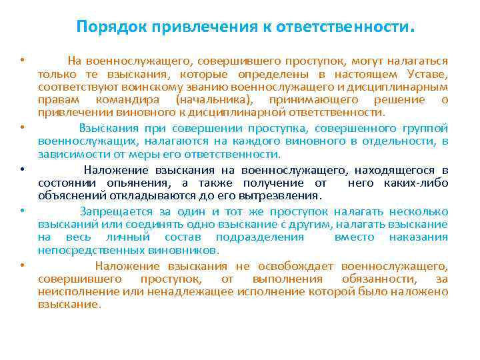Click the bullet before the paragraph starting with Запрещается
coord(22,211)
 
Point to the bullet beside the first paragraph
coord(22,61)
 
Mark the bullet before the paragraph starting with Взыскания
coord(22,127)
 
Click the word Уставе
coord(431,74)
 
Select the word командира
coord(120,99)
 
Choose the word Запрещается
coord(114,211)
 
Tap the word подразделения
coord(261,237)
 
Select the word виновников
coord(185,249)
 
